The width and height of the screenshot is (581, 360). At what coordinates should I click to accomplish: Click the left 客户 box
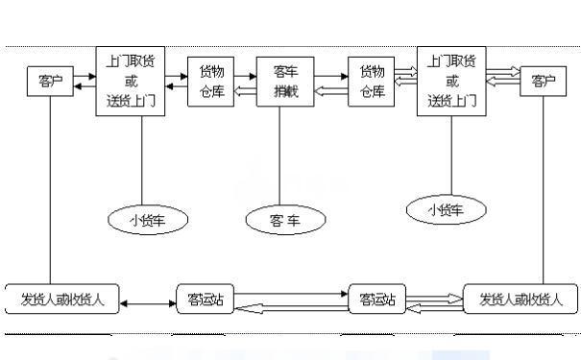pos(47,82)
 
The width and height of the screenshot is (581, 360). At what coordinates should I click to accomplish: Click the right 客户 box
pos(543,82)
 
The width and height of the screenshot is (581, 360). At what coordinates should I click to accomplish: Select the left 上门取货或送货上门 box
pos(132,81)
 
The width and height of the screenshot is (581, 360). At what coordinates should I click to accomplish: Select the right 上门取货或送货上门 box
pos(451,82)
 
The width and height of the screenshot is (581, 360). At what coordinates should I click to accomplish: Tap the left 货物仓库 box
pos(211,82)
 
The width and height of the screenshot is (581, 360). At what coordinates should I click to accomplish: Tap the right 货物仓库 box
pos(372,82)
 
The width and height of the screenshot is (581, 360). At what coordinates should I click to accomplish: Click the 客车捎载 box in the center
pos(284,82)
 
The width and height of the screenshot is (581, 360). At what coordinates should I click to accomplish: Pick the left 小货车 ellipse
pos(141,220)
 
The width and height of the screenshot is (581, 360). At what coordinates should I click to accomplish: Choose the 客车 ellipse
pos(285,220)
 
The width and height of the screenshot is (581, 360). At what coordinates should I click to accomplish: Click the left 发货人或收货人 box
pos(61,299)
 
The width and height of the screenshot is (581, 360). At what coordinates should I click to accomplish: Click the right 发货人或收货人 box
pos(520,299)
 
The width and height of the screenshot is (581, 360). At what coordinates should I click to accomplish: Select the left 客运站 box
pos(205,299)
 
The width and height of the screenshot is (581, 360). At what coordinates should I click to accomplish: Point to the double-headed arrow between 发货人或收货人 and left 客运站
pos(147,304)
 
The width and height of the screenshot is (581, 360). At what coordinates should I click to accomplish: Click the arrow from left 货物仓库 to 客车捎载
pos(245,75)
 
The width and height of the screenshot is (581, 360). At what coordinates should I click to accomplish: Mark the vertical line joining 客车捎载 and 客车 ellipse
pos(279,158)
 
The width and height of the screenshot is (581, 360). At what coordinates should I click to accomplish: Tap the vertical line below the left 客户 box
pos(47,192)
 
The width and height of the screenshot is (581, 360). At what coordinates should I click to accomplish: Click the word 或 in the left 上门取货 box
pos(132,82)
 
